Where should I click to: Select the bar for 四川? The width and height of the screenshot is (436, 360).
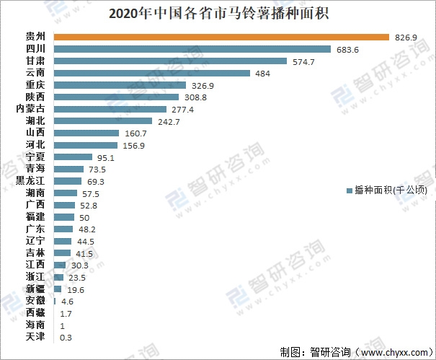pyautogui.click(x=192, y=49)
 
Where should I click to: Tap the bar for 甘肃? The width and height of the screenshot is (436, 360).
pyautogui.click(x=170, y=61)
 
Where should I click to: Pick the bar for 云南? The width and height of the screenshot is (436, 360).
pyautogui.click(x=151, y=73)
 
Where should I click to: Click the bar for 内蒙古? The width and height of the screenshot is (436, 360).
pyautogui.click(x=110, y=109)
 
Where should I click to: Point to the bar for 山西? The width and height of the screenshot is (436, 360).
pyautogui.click(x=86, y=133)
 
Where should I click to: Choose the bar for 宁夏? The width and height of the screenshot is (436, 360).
pyautogui.click(x=73, y=157)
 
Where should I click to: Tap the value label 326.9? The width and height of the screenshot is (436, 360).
pyautogui.click(x=199, y=85)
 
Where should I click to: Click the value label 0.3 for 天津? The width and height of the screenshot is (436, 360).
pyautogui.click(x=66, y=337)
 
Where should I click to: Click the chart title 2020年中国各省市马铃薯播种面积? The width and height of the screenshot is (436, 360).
pyautogui.click(x=218, y=13)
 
